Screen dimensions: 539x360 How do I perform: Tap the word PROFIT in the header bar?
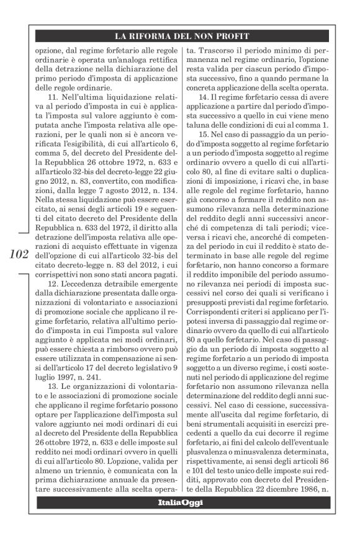coord(233,36)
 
